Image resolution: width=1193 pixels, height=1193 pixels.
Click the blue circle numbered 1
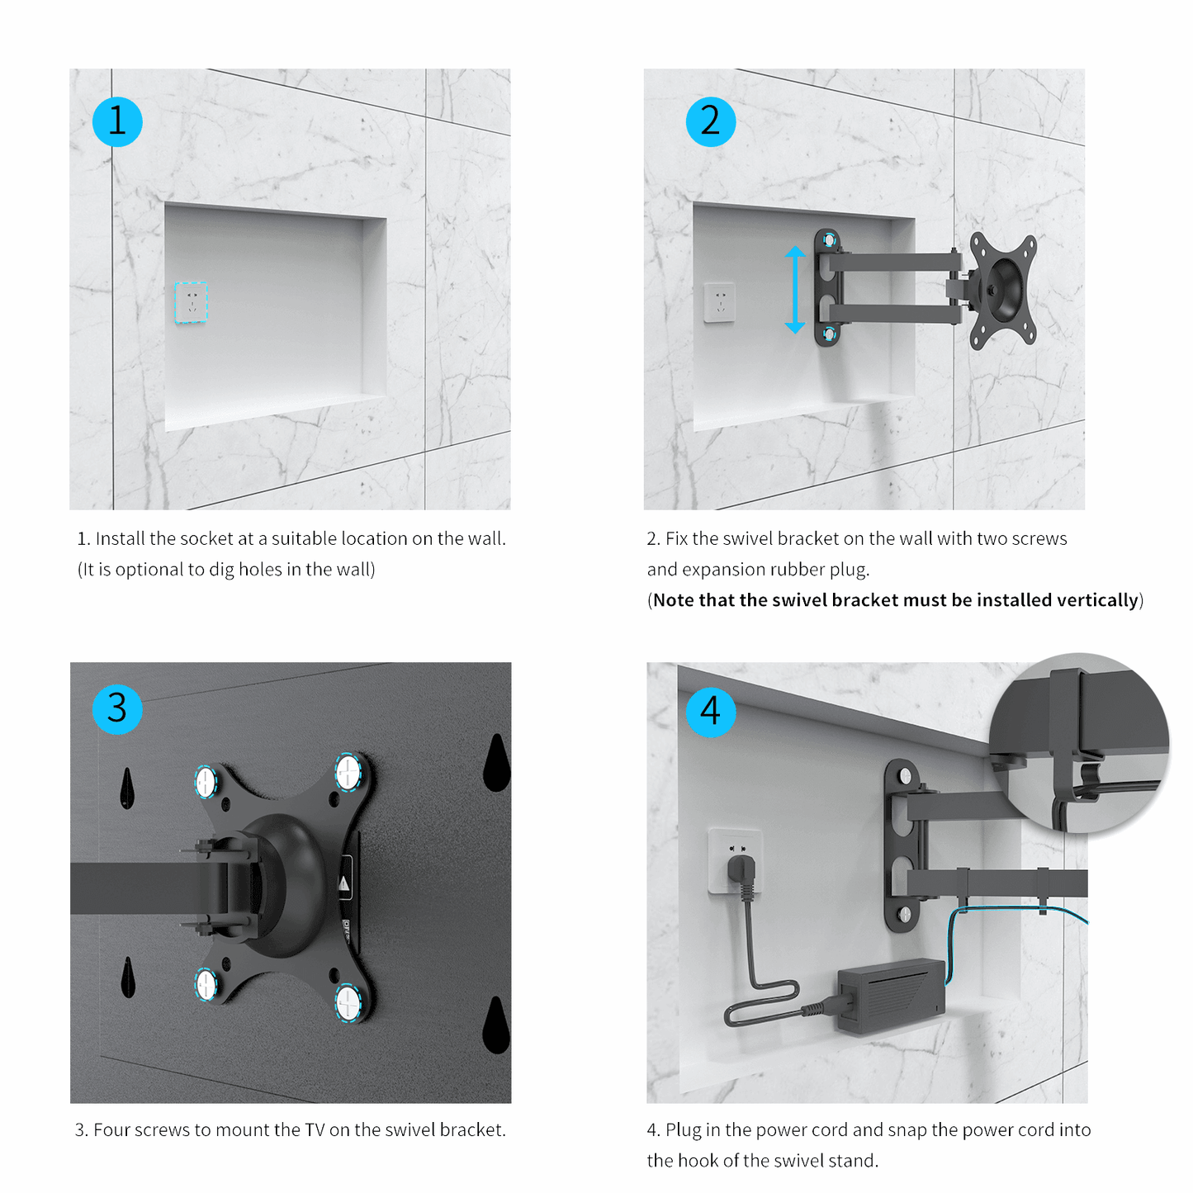pos(117,121)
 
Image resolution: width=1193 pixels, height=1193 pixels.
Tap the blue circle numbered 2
pos(710,121)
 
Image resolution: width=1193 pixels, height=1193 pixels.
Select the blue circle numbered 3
pos(117,709)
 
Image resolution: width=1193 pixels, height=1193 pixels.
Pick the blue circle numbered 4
pos(710,712)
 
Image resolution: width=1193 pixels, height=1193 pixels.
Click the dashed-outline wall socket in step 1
pos(191,302)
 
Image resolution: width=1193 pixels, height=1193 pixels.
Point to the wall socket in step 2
pos(719,302)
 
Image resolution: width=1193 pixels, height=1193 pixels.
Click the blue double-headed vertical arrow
pos(794,289)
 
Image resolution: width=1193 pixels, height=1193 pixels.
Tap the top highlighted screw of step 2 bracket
pos(829,239)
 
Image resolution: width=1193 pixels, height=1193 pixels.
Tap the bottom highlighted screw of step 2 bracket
pos(829,334)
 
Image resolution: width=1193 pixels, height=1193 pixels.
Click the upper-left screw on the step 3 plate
pos(206,781)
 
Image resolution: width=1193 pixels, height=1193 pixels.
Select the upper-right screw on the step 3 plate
pos(348,771)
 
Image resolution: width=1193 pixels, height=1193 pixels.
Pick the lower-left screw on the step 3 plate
pos(206,984)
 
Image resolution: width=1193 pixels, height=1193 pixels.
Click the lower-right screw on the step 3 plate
pos(348,1002)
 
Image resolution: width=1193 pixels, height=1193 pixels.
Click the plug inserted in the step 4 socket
pos(741,873)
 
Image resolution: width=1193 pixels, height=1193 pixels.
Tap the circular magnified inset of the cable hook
pos(1078,742)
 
